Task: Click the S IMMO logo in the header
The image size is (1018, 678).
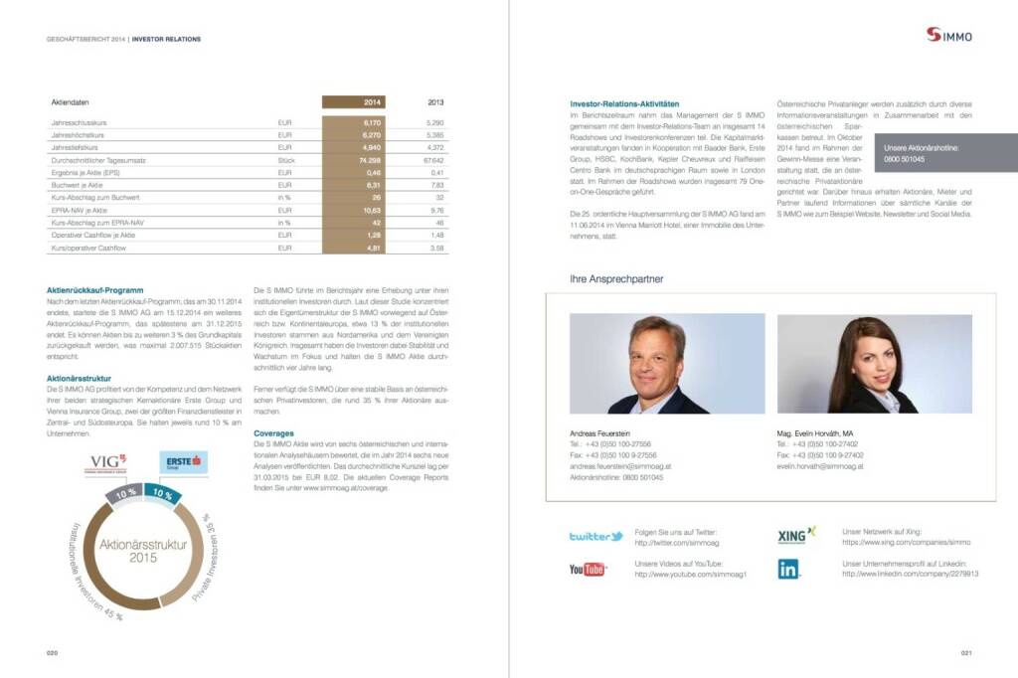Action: [x=949, y=36]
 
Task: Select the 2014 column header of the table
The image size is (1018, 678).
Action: [x=373, y=101]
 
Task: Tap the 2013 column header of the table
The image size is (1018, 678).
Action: [x=435, y=101]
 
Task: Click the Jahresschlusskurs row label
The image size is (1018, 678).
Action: [x=79, y=121]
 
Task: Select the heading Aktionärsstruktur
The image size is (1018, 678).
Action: [x=79, y=378]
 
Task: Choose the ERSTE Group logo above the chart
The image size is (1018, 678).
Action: [x=183, y=461]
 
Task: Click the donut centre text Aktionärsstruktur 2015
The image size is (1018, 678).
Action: [x=128, y=550]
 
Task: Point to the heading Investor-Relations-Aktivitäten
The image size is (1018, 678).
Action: [x=624, y=103]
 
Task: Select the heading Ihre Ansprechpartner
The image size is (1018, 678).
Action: [x=616, y=279]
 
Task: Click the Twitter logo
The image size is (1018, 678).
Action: [x=595, y=537]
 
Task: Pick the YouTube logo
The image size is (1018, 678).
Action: [x=588, y=569]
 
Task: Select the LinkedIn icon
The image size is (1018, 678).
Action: [x=788, y=569]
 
